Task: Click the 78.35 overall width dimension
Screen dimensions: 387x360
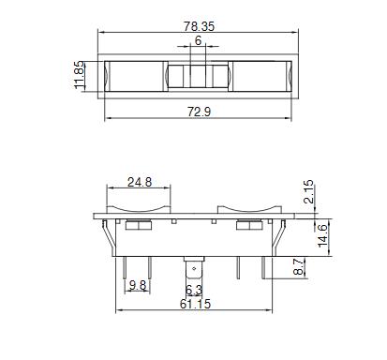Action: pos(199,26)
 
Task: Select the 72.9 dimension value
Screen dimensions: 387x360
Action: pos(199,112)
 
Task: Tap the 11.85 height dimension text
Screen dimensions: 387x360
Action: pos(79,75)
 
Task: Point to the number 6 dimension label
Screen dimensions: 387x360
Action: pos(198,40)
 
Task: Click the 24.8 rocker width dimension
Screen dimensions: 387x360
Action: pos(140,182)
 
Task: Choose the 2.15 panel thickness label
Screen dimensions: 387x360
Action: pos(308,191)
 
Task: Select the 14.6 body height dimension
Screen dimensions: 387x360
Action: pos(322,235)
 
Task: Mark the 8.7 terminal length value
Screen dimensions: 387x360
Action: pos(299,266)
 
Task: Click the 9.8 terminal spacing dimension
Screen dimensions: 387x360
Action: pos(138,285)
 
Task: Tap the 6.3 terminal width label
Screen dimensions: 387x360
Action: pos(194,291)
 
